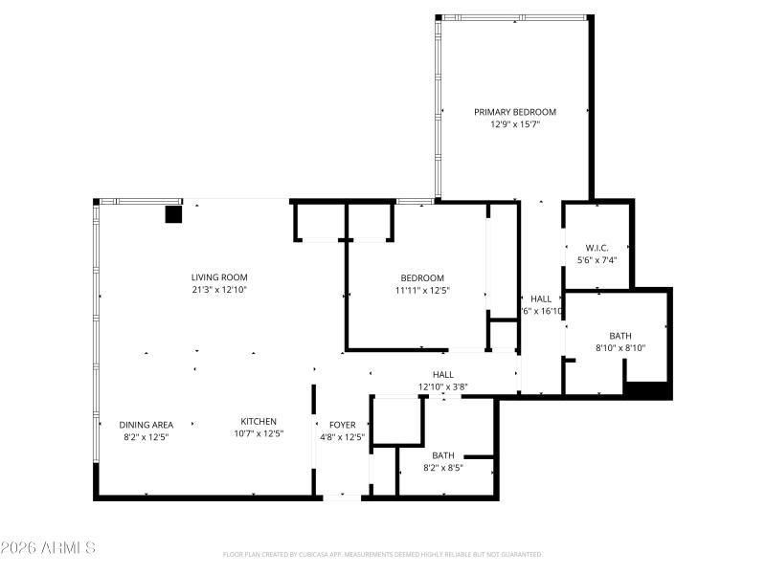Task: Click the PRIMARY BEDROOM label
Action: pyautogui.click(x=514, y=112)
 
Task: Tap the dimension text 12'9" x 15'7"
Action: pyautogui.click(x=514, y=124)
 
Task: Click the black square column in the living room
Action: pyautogui.click(x=173, y=214)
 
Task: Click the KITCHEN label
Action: pyautogui.click(x=259, y=421)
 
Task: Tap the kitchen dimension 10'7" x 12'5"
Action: pyautogui.click(x=259, y=433)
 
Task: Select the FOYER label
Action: pyautogui.click(x=342, y=425)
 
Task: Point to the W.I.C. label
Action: pyautogui.click(x=593, y=248)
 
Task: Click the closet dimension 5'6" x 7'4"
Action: pyautogui.click(x=593, y=259)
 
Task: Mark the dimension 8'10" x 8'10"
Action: pyautogui.click(x=620, y=348)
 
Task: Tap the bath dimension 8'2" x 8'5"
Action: pyautogui.click(x=443, y=468)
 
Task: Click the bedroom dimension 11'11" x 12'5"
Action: pyautogui.click(x=422, y=290)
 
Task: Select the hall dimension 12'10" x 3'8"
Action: pyautogui.click(x=442, y=386)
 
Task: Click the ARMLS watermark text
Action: pyautogui.click(x=48, y=548)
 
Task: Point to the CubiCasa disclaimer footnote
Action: pyautogui.click(x=382, y=554)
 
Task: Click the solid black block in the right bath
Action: pyautogui.click(x=646, y=389)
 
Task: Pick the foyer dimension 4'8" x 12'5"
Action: pyautogui.click(x=342, y=437)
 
